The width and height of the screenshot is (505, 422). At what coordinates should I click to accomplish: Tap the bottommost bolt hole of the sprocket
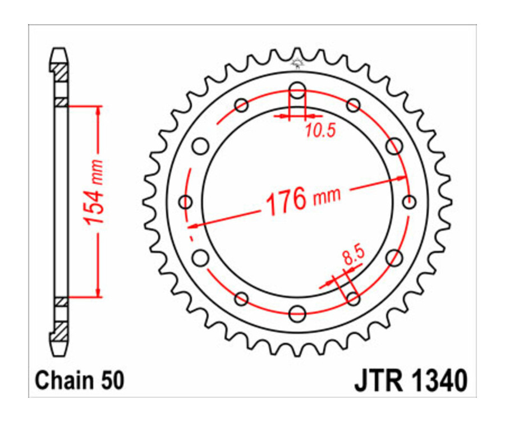coord(297,311)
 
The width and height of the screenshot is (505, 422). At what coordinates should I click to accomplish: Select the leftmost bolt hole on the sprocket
coord(185,201)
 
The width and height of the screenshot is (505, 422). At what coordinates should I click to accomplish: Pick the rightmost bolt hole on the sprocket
coord(410,201)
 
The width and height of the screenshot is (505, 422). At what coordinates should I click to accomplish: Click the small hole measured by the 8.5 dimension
coord(353,298)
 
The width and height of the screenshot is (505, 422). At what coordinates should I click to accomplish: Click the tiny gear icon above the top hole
coord(297,64)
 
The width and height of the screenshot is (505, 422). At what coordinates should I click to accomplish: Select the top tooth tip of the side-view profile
coord(60,51)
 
